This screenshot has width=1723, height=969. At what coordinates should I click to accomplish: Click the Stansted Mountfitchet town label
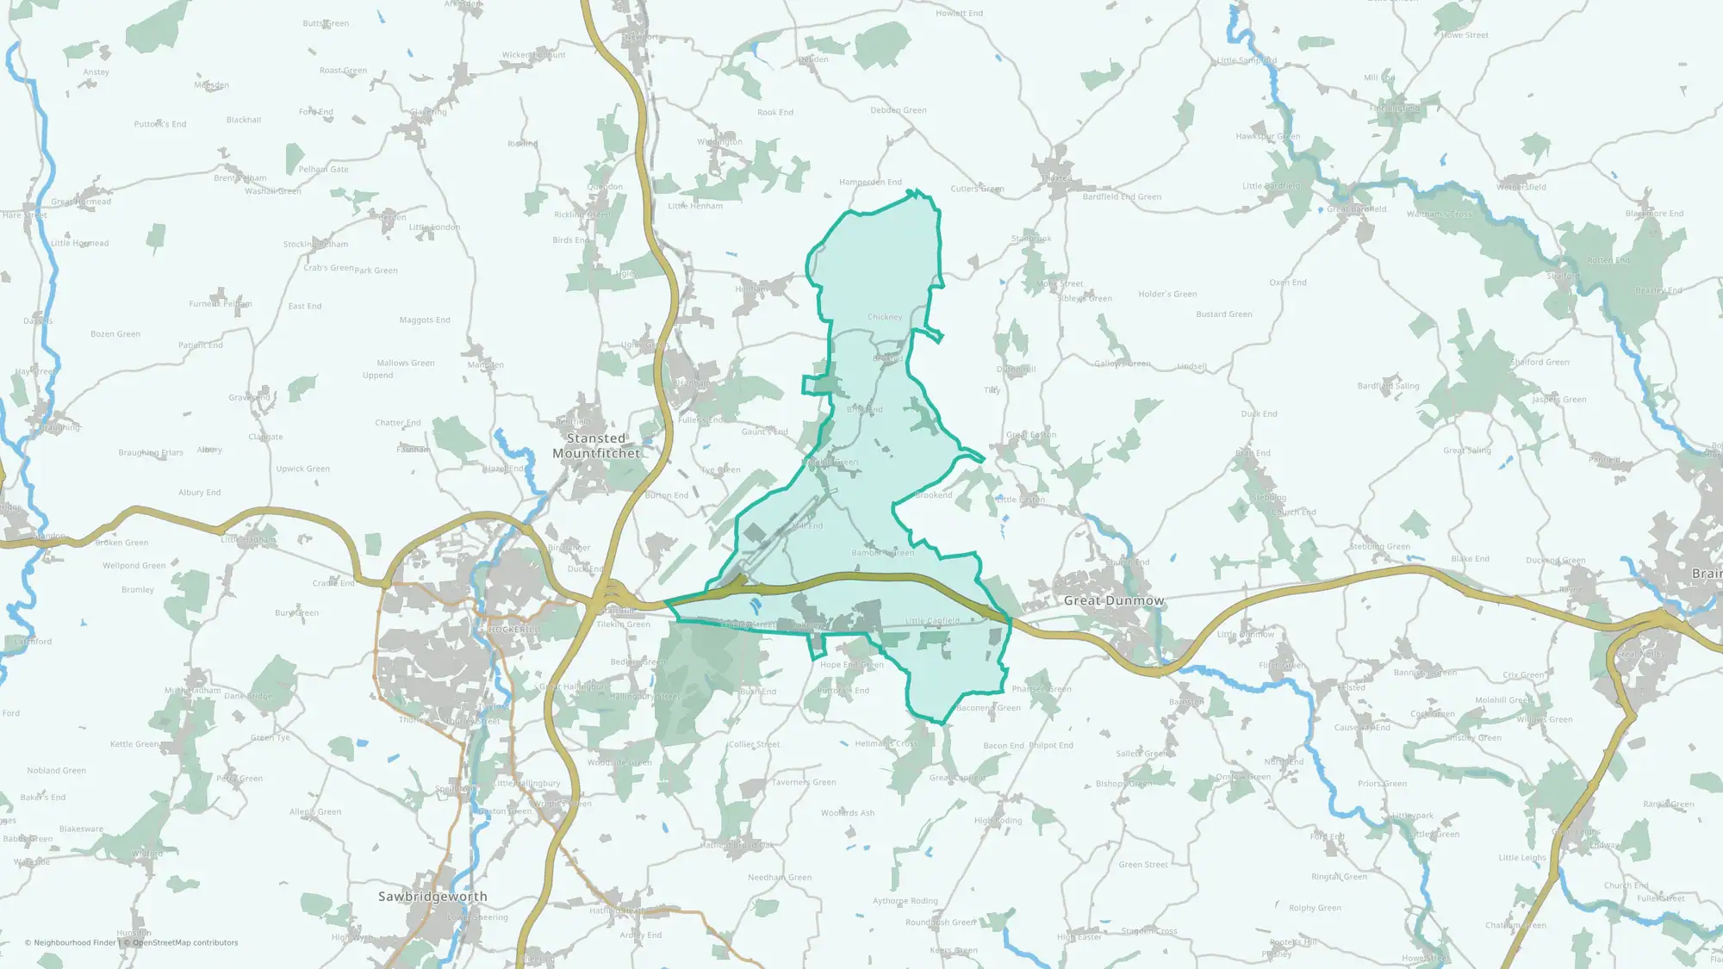pyautogui.click(x=596, y=446)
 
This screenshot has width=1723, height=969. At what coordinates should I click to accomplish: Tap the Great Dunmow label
pyautogui.click(x=1113, y=600)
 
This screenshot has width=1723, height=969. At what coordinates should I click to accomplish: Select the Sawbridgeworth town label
pyautogui.click(x=432, y=897)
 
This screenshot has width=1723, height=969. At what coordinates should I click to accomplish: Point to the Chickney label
pyautogui.click(x=885, y=317)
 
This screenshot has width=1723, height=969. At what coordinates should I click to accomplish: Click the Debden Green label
pyautogui.click(x=898, y=110)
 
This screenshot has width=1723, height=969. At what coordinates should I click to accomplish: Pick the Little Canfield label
pyautogui.click(x=932, y=620)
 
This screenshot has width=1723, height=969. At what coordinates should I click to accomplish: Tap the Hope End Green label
pyautogui.click(x=851, y=665)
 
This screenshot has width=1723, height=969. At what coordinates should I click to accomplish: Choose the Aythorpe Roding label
pyautogui.click(x=905, y=901)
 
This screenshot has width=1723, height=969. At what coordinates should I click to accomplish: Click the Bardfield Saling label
pyautogui.click(x=1388, y=386)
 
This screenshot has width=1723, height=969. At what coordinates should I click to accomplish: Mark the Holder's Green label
pyautogui.click(x=1167, y=295)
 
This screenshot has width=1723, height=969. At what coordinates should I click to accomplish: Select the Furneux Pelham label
pyautogui.click(x=221, y=304)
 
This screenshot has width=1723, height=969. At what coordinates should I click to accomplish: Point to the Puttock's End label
pyautogui.click(x=160, y=124)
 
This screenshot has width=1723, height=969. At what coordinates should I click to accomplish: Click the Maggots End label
pyautogui.click(x=425, y=320)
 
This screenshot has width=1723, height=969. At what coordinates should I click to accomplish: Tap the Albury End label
pyautogui.click(x=199, y=493)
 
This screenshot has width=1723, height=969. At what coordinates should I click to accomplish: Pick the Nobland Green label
pyautogui.click(x=56, y=771)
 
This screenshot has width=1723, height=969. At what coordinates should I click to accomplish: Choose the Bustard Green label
pyautogui.click(x=1223, y=314)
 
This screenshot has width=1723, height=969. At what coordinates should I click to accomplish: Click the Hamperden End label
pyautogui.click(x=870, y=183)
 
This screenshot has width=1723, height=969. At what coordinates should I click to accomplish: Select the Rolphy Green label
pyautogui.click(x=1315, y=908)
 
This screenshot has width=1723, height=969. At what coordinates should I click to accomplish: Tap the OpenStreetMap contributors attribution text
pyautogui.click(x=184, y=943)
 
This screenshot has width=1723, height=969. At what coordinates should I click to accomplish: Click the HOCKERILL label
pyautogui.click(x=513, y=630)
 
